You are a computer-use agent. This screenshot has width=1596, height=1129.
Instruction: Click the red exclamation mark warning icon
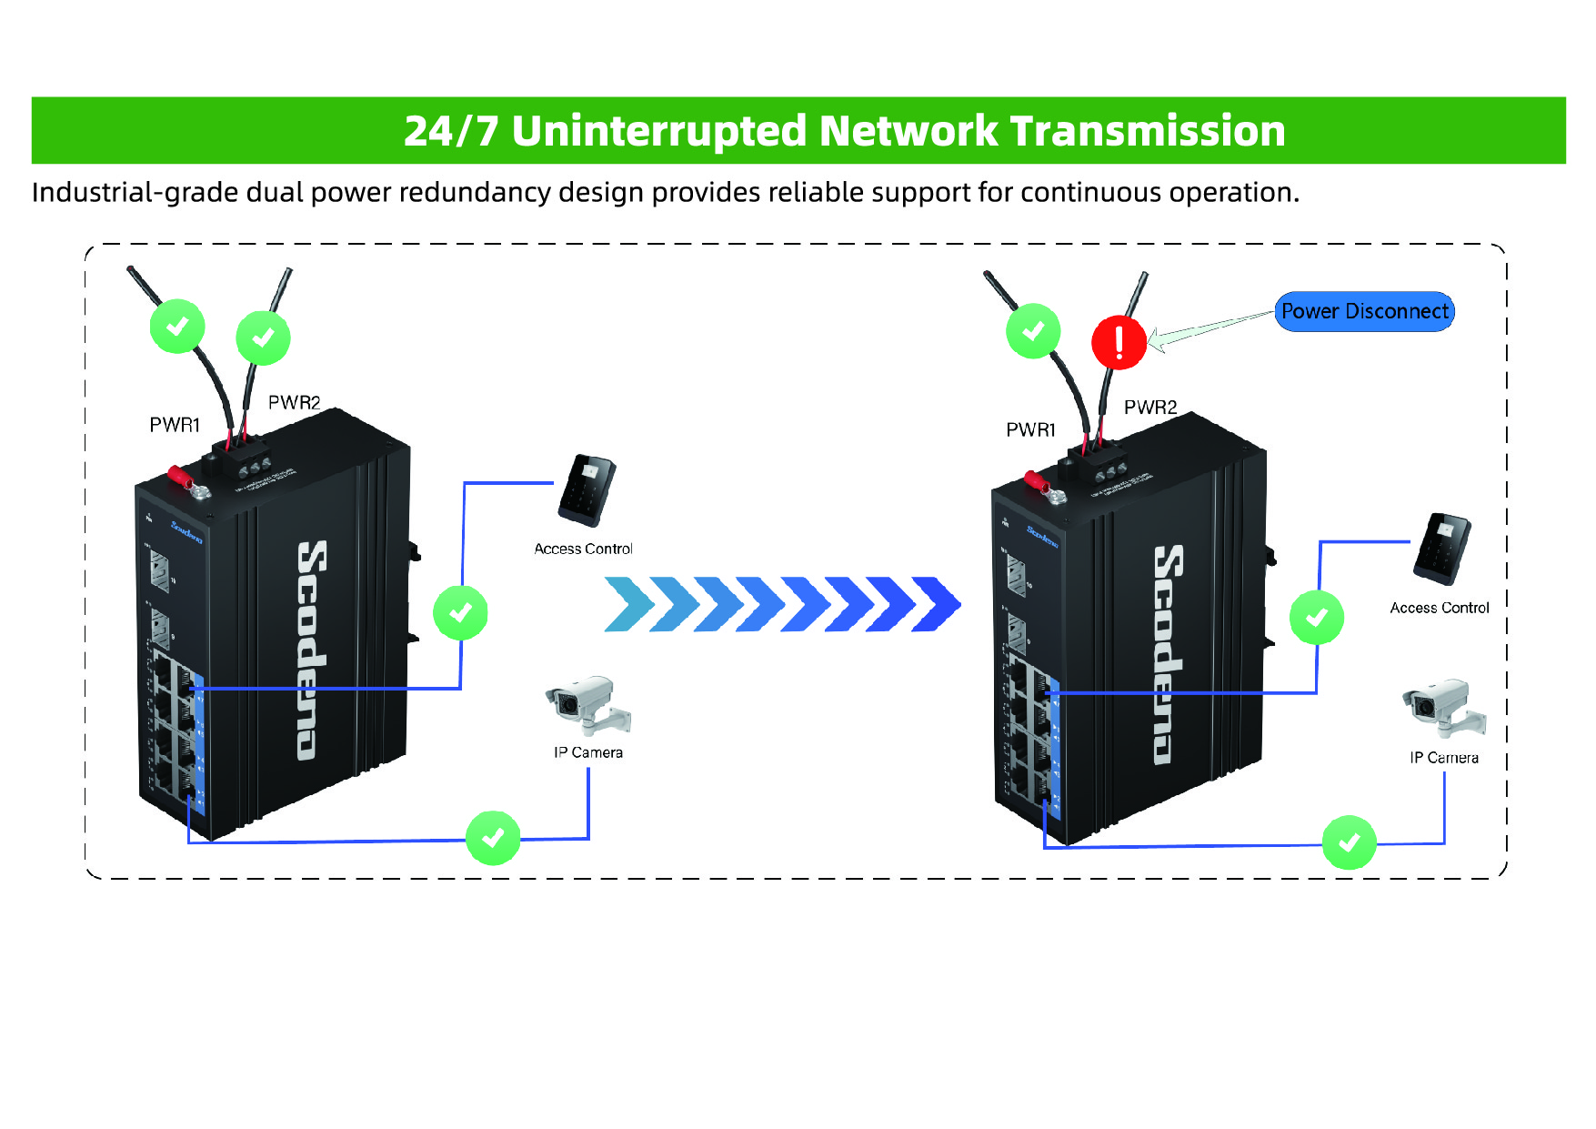pos(1119,342)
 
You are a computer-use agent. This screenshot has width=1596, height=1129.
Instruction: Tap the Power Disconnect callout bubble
pos(1364,311)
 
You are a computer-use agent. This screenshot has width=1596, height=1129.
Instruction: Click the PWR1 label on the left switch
pos(175,425)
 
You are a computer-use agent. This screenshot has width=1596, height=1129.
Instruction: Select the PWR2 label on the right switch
pos(1150,408)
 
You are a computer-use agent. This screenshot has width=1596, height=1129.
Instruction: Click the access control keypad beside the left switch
pos(587,490)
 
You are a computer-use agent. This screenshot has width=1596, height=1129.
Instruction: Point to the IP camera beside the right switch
pos(1443,706)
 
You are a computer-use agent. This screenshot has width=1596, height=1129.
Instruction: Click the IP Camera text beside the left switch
pos(588,753)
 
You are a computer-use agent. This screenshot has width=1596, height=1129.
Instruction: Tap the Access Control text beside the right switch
pos(1440,609)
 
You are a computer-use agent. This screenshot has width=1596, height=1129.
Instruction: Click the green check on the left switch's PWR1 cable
pos(177,326)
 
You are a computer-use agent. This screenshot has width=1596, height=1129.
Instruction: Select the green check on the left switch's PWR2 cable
pos(263,338)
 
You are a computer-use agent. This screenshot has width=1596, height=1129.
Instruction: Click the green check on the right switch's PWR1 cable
pos(1033,331)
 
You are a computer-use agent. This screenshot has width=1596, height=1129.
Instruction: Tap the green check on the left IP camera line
pos(493,838)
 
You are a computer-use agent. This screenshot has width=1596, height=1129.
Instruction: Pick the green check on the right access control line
pos(1317,618)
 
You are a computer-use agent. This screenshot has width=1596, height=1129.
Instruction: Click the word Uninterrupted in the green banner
pos(659,131)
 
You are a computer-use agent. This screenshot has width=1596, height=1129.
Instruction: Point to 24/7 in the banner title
pos(451,131)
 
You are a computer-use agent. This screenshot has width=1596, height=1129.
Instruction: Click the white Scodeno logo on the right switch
pos(1169,654)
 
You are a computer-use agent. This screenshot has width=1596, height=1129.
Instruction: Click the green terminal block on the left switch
pos(244,456)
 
